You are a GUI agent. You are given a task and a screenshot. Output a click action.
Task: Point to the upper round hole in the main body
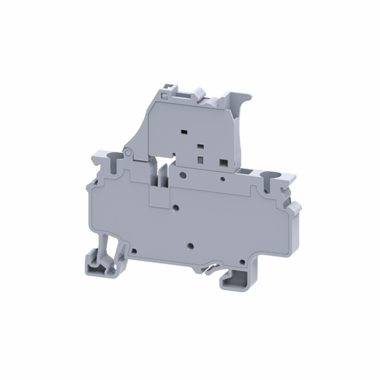coord(177,209)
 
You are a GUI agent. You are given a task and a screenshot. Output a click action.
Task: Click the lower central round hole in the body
coord(190,247)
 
